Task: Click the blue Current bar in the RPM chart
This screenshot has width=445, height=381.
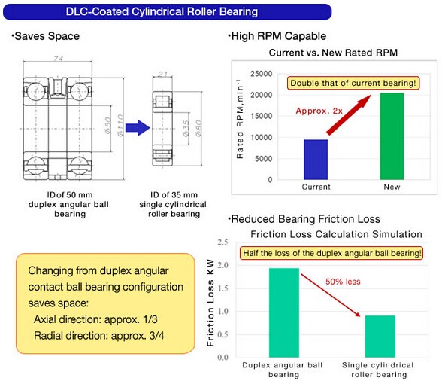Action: click(x=316, y=160)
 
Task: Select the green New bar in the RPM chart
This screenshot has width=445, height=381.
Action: click(x=392, y=136)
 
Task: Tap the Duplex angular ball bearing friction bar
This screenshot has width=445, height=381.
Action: click(x=284, y=312)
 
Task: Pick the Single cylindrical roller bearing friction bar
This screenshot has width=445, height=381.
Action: click(x=380, y=337)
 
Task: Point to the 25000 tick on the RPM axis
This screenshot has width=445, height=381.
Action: click(x=261, y=74)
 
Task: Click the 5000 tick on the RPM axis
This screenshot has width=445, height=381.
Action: click(x=263, y=159)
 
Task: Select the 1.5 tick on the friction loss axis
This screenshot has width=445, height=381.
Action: click(x=222, y=288)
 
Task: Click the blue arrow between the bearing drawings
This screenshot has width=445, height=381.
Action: click(x=138, y=128)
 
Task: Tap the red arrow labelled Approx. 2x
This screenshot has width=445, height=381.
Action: click(x=349, y=115)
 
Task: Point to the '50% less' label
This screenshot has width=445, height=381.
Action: click(x=343, y=282)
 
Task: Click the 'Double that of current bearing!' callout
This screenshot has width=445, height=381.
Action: click(x=353, y=83)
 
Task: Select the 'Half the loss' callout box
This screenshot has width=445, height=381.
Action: click(x=331, y=253)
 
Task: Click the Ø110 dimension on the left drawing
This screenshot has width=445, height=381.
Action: click(x=120, y=126)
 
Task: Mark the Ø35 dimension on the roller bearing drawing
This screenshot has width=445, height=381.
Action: click(x=186, y=128)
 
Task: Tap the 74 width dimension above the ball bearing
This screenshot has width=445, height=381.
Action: click(x=58, y=58)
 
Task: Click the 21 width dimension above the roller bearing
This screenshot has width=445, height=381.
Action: click(x=162, y=74)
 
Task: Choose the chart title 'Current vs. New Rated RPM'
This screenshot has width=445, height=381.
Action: click(x=333, y=53)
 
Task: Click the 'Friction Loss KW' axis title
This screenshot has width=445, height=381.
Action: click(x=210, y=303)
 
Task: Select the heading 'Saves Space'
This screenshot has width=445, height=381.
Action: click(x=45, y=36)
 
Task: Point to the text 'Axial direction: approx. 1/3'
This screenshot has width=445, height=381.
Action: click(x=95, y=319)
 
